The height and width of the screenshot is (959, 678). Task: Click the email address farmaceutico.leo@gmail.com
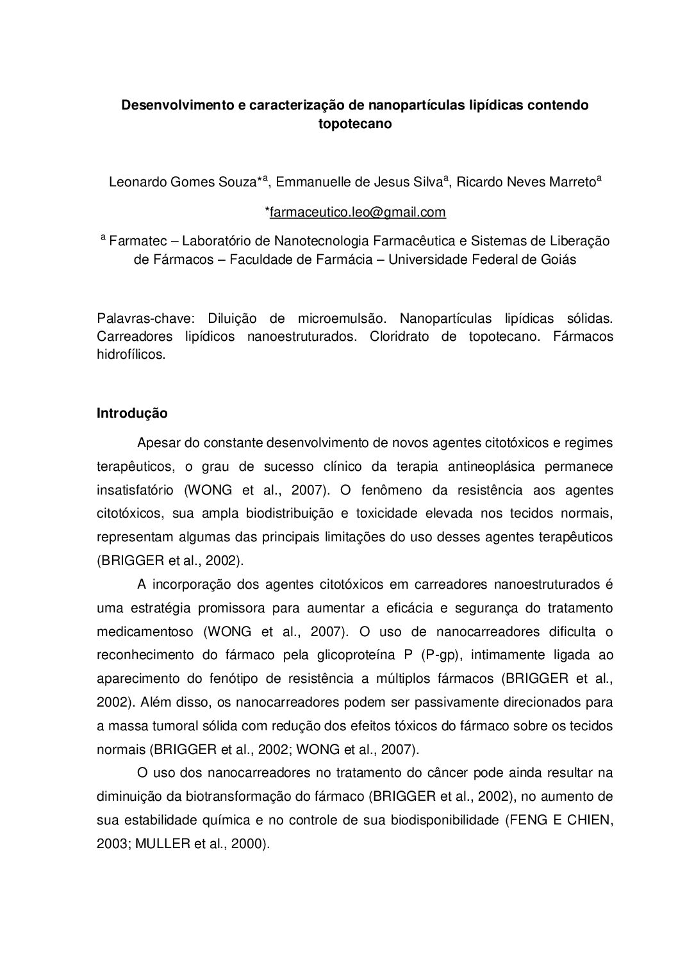[357, 212]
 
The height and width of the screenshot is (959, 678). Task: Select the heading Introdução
[132, 413]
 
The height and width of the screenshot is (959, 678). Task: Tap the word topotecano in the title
[354, 124]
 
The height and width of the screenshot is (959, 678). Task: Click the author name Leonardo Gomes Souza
[182, 183]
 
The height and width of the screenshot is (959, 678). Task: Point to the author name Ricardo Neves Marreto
[526, 183]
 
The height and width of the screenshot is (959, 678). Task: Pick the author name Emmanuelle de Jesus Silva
[357, 183]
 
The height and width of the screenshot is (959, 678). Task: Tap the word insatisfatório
[135, 490]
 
